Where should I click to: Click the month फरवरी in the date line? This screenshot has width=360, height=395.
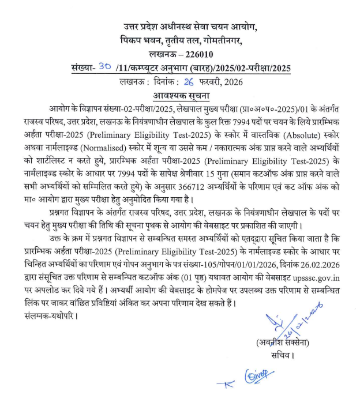tap(193, 81)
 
